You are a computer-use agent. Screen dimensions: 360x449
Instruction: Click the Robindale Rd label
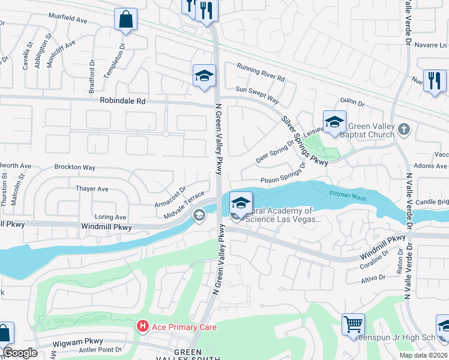pos(123,101)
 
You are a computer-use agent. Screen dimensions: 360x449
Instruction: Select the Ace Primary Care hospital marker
pos(143,326)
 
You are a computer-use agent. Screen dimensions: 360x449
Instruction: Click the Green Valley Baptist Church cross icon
pos(405,129)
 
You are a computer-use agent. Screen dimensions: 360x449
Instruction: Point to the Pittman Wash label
pos(348,193)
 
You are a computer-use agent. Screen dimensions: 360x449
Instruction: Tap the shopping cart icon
pos(353,324)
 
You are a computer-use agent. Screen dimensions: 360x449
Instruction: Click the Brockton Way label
pos(75,167)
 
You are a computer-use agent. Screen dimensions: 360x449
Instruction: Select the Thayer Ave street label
pos(92,188)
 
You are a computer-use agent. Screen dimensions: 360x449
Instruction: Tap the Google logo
pos(20,353)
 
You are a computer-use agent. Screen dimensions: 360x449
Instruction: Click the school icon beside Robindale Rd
pos(204,76)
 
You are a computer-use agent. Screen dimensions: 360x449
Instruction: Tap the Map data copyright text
pos(424,355)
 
